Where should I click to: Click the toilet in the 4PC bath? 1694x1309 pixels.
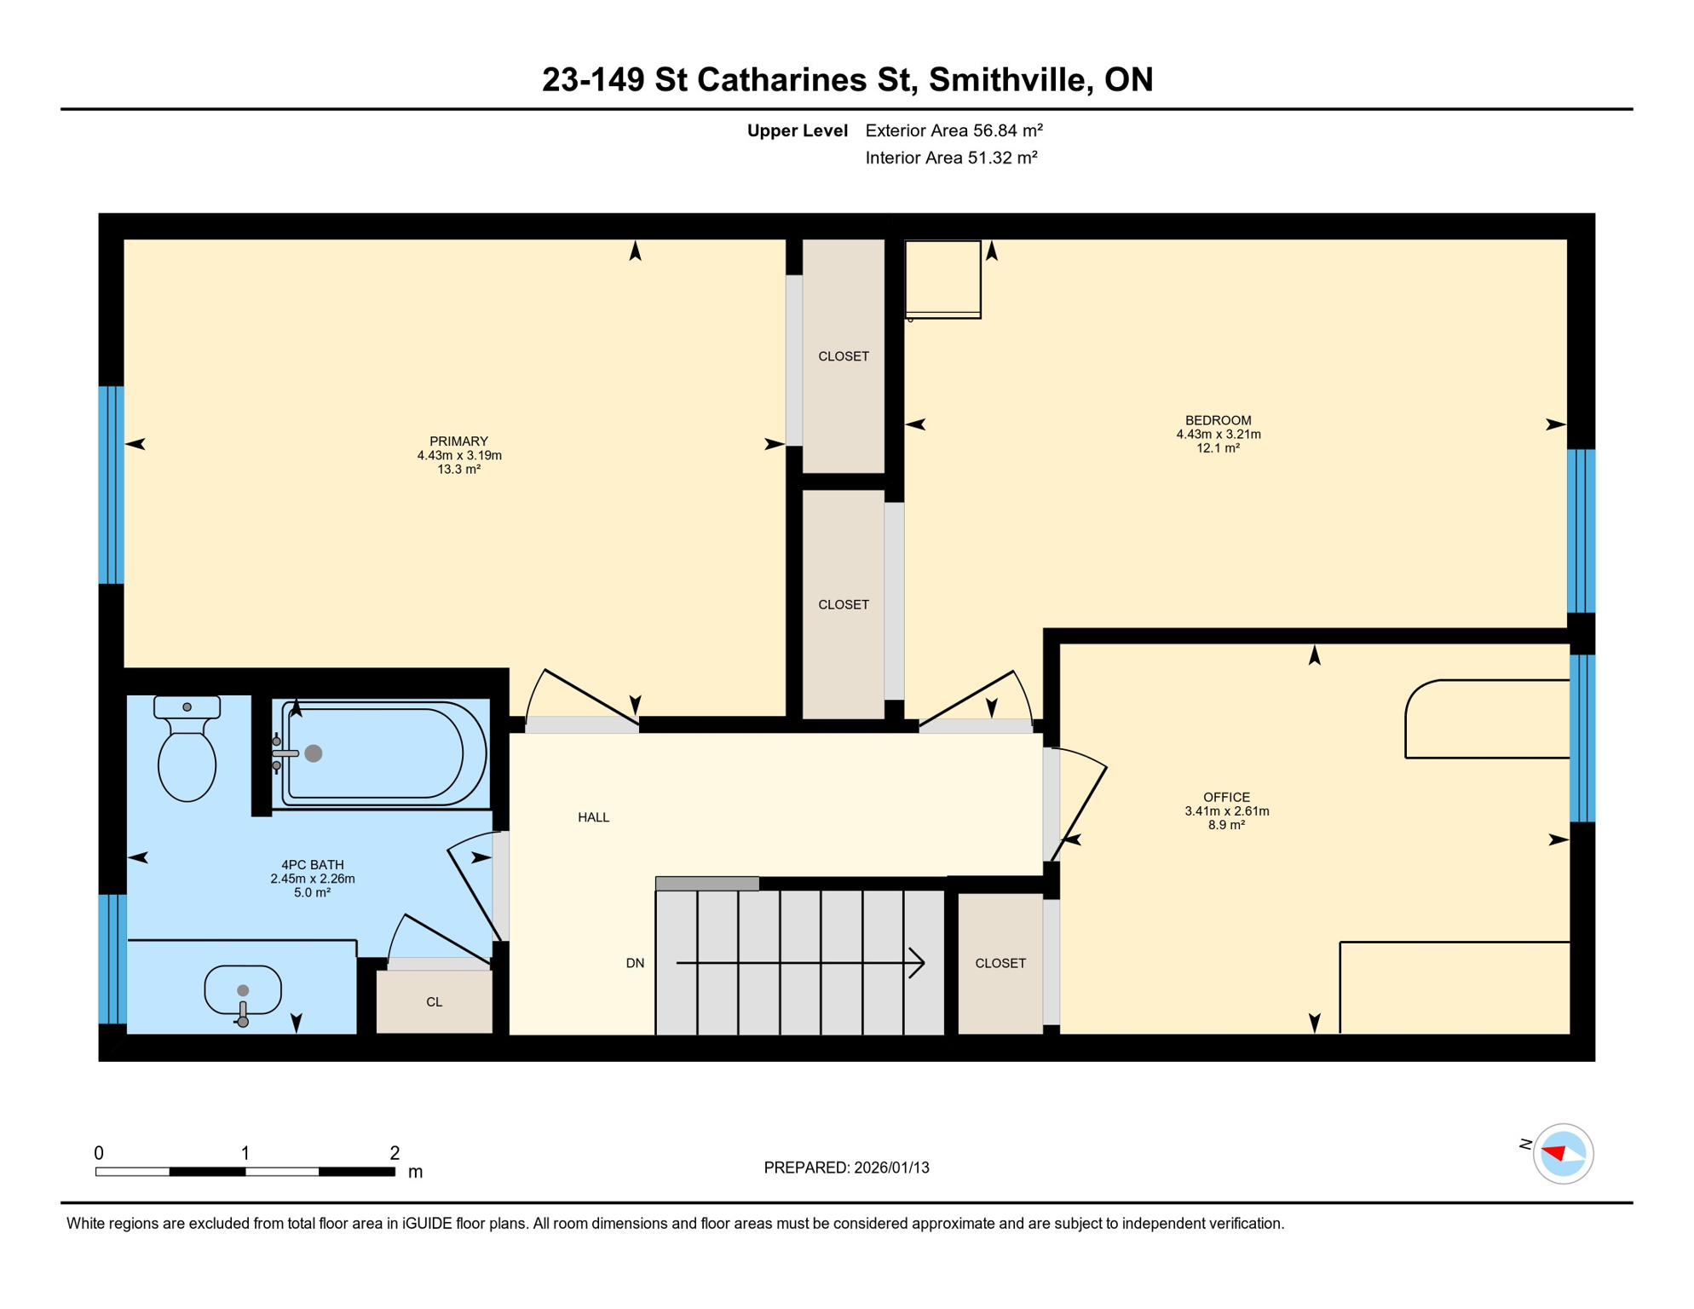(x=187, y=754)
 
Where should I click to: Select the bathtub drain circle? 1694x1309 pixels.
(x=314, y=753)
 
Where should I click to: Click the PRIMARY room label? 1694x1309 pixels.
(x=458, y=441)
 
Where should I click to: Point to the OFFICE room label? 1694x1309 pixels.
(x=1226, y=798)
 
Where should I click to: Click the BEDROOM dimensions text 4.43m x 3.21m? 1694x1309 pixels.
(x=1219, y=435)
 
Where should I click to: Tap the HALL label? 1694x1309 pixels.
(x=593, y=818)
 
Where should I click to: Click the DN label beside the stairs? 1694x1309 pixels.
(x=635, y=964)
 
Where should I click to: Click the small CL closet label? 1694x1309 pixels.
(x=434, y=1002)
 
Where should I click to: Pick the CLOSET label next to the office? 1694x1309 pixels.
(x=1000, y=964)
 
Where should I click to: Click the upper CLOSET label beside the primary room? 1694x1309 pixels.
(x=843, y=356)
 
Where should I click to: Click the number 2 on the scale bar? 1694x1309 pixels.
(x=395, y=1153)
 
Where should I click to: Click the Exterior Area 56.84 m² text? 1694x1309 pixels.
(x=954, y=130)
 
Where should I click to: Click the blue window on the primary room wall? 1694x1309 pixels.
(x=112, y=485)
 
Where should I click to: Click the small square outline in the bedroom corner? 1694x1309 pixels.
(x=942, y=280)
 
